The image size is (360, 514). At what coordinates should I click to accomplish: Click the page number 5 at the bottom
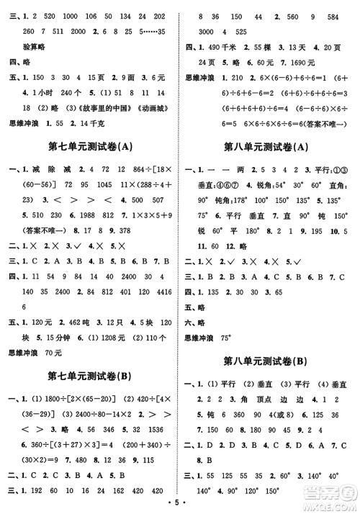click(x=180, y=504)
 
